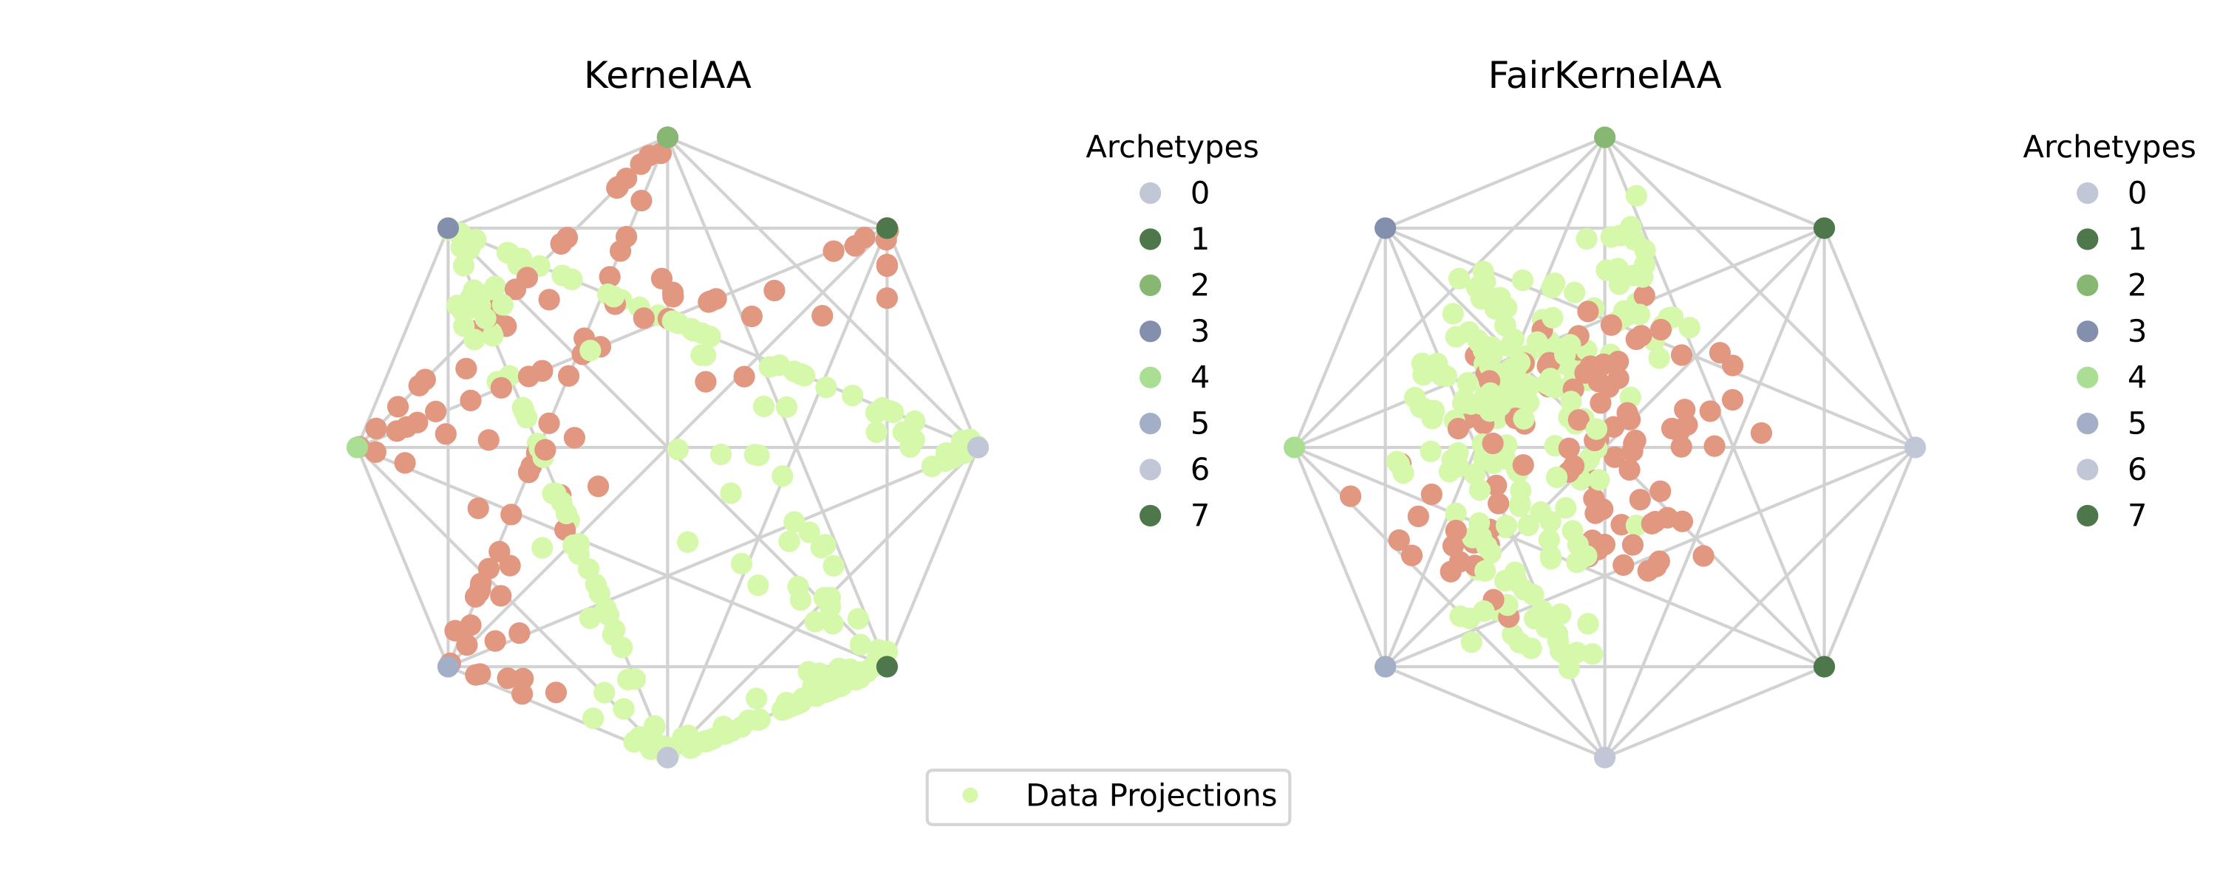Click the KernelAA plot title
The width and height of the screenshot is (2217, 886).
pos(667,76)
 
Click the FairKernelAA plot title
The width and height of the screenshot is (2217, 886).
pos(1604,76)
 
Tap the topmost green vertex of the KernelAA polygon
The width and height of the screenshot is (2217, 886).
pos(667,137)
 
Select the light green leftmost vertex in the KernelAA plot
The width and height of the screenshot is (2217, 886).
pos(357,447)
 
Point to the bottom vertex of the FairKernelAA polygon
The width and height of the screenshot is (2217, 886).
pos(1604,757)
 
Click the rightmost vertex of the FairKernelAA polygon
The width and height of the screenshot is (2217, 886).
pos(1914,447)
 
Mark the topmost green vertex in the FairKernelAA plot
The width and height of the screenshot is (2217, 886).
pos(1604,137)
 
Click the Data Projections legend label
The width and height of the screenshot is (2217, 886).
pos(1151,796)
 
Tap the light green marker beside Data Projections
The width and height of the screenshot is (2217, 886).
pos(970,796)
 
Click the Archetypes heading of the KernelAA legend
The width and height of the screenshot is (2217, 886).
pos(1171,147)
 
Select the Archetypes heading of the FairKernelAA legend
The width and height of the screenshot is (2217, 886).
pos(2108,147)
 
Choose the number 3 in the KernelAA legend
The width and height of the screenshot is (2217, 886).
pos(1199,332)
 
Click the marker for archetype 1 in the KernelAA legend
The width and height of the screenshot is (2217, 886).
pos(1150,239)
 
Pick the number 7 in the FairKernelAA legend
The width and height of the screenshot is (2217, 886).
pos(2137,515)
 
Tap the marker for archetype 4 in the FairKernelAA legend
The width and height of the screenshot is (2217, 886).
pos(2087,377)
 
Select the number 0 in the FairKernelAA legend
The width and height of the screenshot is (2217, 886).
pos(2137,193)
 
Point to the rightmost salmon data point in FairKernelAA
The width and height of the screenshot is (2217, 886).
pos(1761,433)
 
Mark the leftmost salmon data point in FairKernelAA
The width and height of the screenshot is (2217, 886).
pos(1350,496)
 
